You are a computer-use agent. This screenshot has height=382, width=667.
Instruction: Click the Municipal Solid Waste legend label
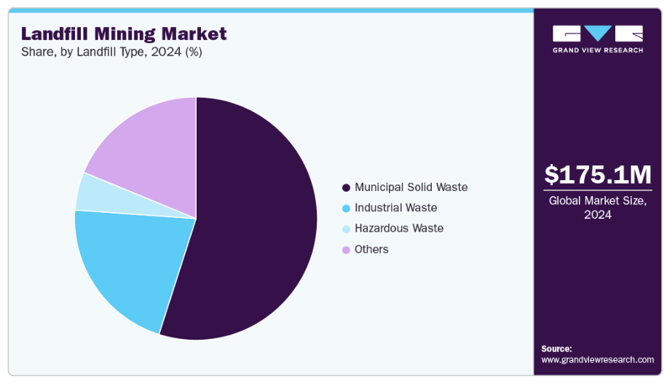point(411,187)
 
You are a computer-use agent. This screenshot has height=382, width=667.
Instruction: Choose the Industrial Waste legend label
point(395,208)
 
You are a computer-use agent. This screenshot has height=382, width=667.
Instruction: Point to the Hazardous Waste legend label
point(398,228)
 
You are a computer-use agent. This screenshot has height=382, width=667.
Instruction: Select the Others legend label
point(371,249)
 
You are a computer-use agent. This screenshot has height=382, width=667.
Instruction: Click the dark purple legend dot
point(346,187)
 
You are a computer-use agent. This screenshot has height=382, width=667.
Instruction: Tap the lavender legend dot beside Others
point(346,250)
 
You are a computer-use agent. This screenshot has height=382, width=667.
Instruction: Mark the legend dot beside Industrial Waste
point(346,208)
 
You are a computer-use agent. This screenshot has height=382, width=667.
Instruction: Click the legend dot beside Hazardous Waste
point(346,229)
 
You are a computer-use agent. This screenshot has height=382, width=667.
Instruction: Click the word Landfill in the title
point(52,34)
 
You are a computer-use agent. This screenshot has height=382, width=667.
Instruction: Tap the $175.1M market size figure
point(597,175)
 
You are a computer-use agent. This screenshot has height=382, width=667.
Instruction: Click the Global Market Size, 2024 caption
point(597,208)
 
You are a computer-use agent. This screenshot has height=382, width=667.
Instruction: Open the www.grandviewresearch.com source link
point(597,359)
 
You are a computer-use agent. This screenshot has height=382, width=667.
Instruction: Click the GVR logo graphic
point(597,34)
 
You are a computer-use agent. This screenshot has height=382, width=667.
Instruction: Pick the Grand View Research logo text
point(597,50)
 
